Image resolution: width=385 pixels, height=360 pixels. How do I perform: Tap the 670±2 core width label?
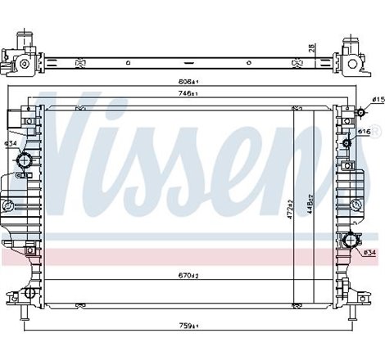[189, 276]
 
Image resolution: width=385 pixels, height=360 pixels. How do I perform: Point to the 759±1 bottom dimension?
[190, 327]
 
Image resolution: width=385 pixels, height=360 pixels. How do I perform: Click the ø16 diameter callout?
[365, 131]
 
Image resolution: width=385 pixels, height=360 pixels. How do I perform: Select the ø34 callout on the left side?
[11, 145]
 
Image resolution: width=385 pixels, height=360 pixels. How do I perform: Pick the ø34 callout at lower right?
[369, 253]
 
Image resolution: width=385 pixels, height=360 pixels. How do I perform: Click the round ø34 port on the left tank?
[27, 158]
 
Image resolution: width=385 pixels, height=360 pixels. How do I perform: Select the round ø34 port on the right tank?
[351, 241]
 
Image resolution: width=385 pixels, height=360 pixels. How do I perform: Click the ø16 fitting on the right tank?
[347, 144]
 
